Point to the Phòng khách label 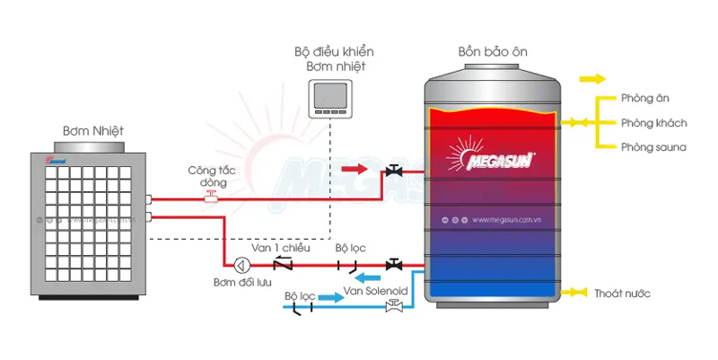651,122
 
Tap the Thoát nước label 622,294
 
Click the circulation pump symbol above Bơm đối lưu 241,265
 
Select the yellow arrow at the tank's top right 591,79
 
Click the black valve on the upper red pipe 393,171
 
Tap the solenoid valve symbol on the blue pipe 392,306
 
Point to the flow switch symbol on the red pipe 211,196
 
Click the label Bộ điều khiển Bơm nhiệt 328,59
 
